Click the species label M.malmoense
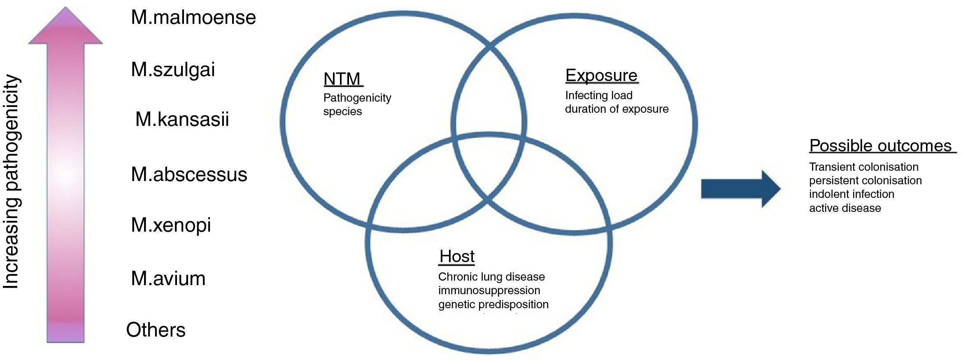[193, 18]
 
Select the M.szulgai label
[173, 70]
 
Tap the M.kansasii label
[182, 119]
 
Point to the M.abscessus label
[189, 174]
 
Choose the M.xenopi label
[171, 225]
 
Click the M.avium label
[168, 279]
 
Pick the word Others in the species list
[156, 330]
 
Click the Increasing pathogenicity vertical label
[12, 181]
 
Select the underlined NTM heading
[342, 79]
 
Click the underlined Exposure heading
[601, 75]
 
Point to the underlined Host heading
[457, 256]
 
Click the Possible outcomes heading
[881, 146]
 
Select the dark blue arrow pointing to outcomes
[740, 189]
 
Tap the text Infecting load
[598, 95]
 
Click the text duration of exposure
[616, 109]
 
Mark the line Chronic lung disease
[491, 277]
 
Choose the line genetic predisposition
[493, 304]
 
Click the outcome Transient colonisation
[863, 167]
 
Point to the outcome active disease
[844, 208]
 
